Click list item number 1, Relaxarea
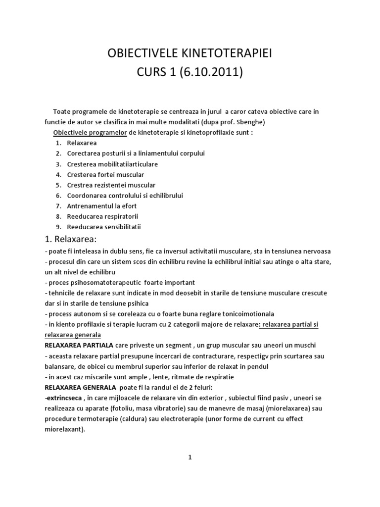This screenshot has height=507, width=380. click(x=80, y=143)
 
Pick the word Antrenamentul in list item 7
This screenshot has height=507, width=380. click(x=90, y=206)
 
